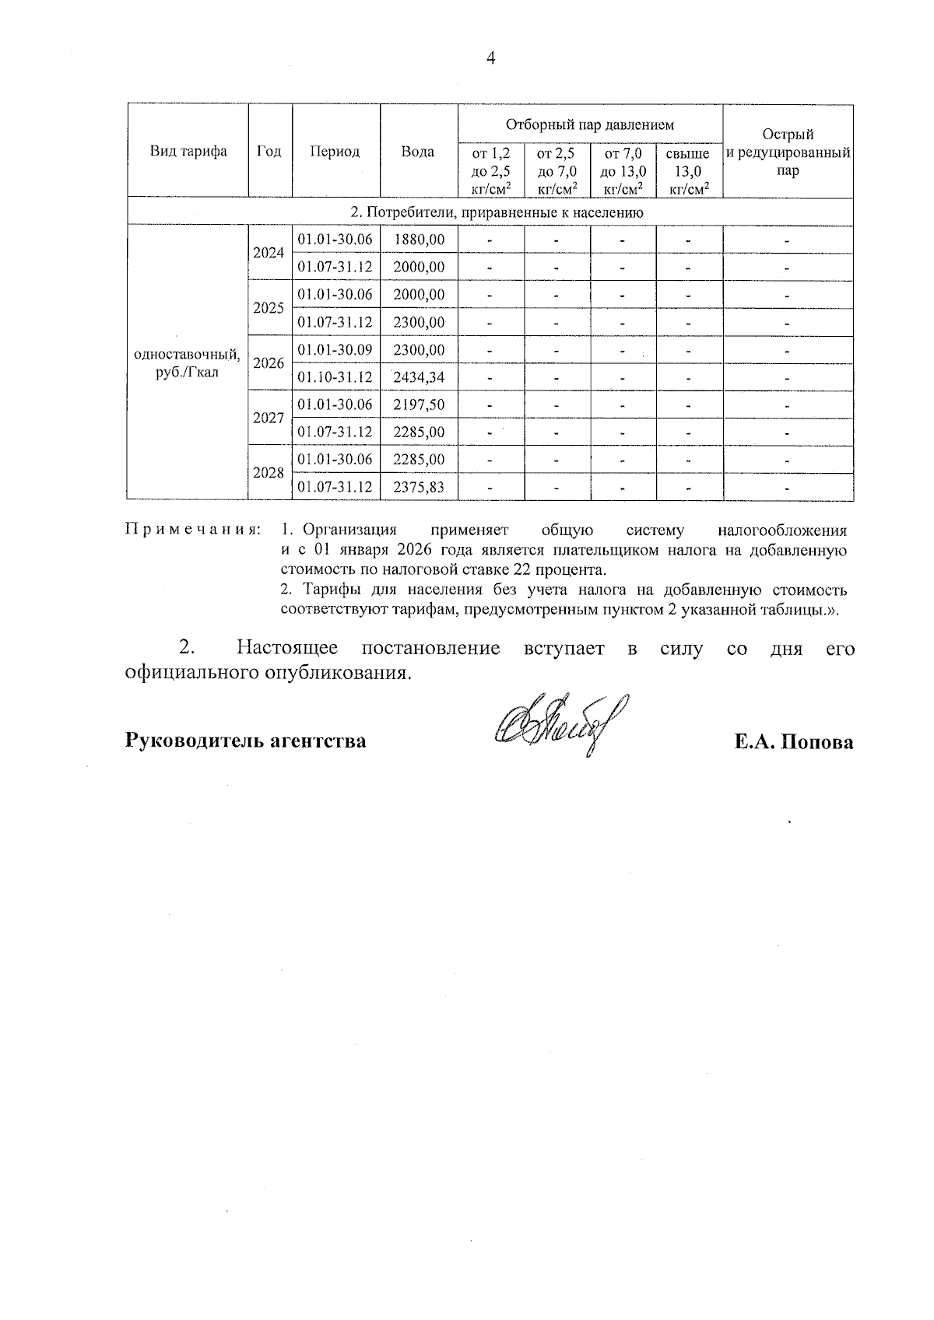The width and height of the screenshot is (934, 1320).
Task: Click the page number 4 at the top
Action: click(490, 58)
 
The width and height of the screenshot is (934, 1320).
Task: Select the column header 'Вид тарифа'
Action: click(188, 151)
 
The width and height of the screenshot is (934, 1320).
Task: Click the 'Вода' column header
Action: click(418, 152)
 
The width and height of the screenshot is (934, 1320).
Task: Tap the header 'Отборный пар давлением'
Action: click(590, 124)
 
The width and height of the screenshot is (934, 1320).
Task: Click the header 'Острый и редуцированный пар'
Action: click(788, 152)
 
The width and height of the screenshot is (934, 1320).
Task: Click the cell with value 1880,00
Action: click(419, 240)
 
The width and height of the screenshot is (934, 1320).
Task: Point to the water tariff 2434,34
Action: click(419, 378)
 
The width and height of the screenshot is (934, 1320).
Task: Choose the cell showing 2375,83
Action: click(419, 488)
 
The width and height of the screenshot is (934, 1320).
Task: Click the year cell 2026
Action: click(269, 363)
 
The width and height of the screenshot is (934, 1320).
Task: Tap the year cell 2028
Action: click(269, 473)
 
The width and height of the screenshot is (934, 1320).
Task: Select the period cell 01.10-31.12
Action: click(335, 378)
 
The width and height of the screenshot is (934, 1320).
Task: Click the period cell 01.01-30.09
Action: click(335, 350)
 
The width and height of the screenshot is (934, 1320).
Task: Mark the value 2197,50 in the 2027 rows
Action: click(419, 404)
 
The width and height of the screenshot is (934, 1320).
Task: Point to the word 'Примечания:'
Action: click(193, 530)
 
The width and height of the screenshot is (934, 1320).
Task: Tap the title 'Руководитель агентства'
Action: click(246, 741)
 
